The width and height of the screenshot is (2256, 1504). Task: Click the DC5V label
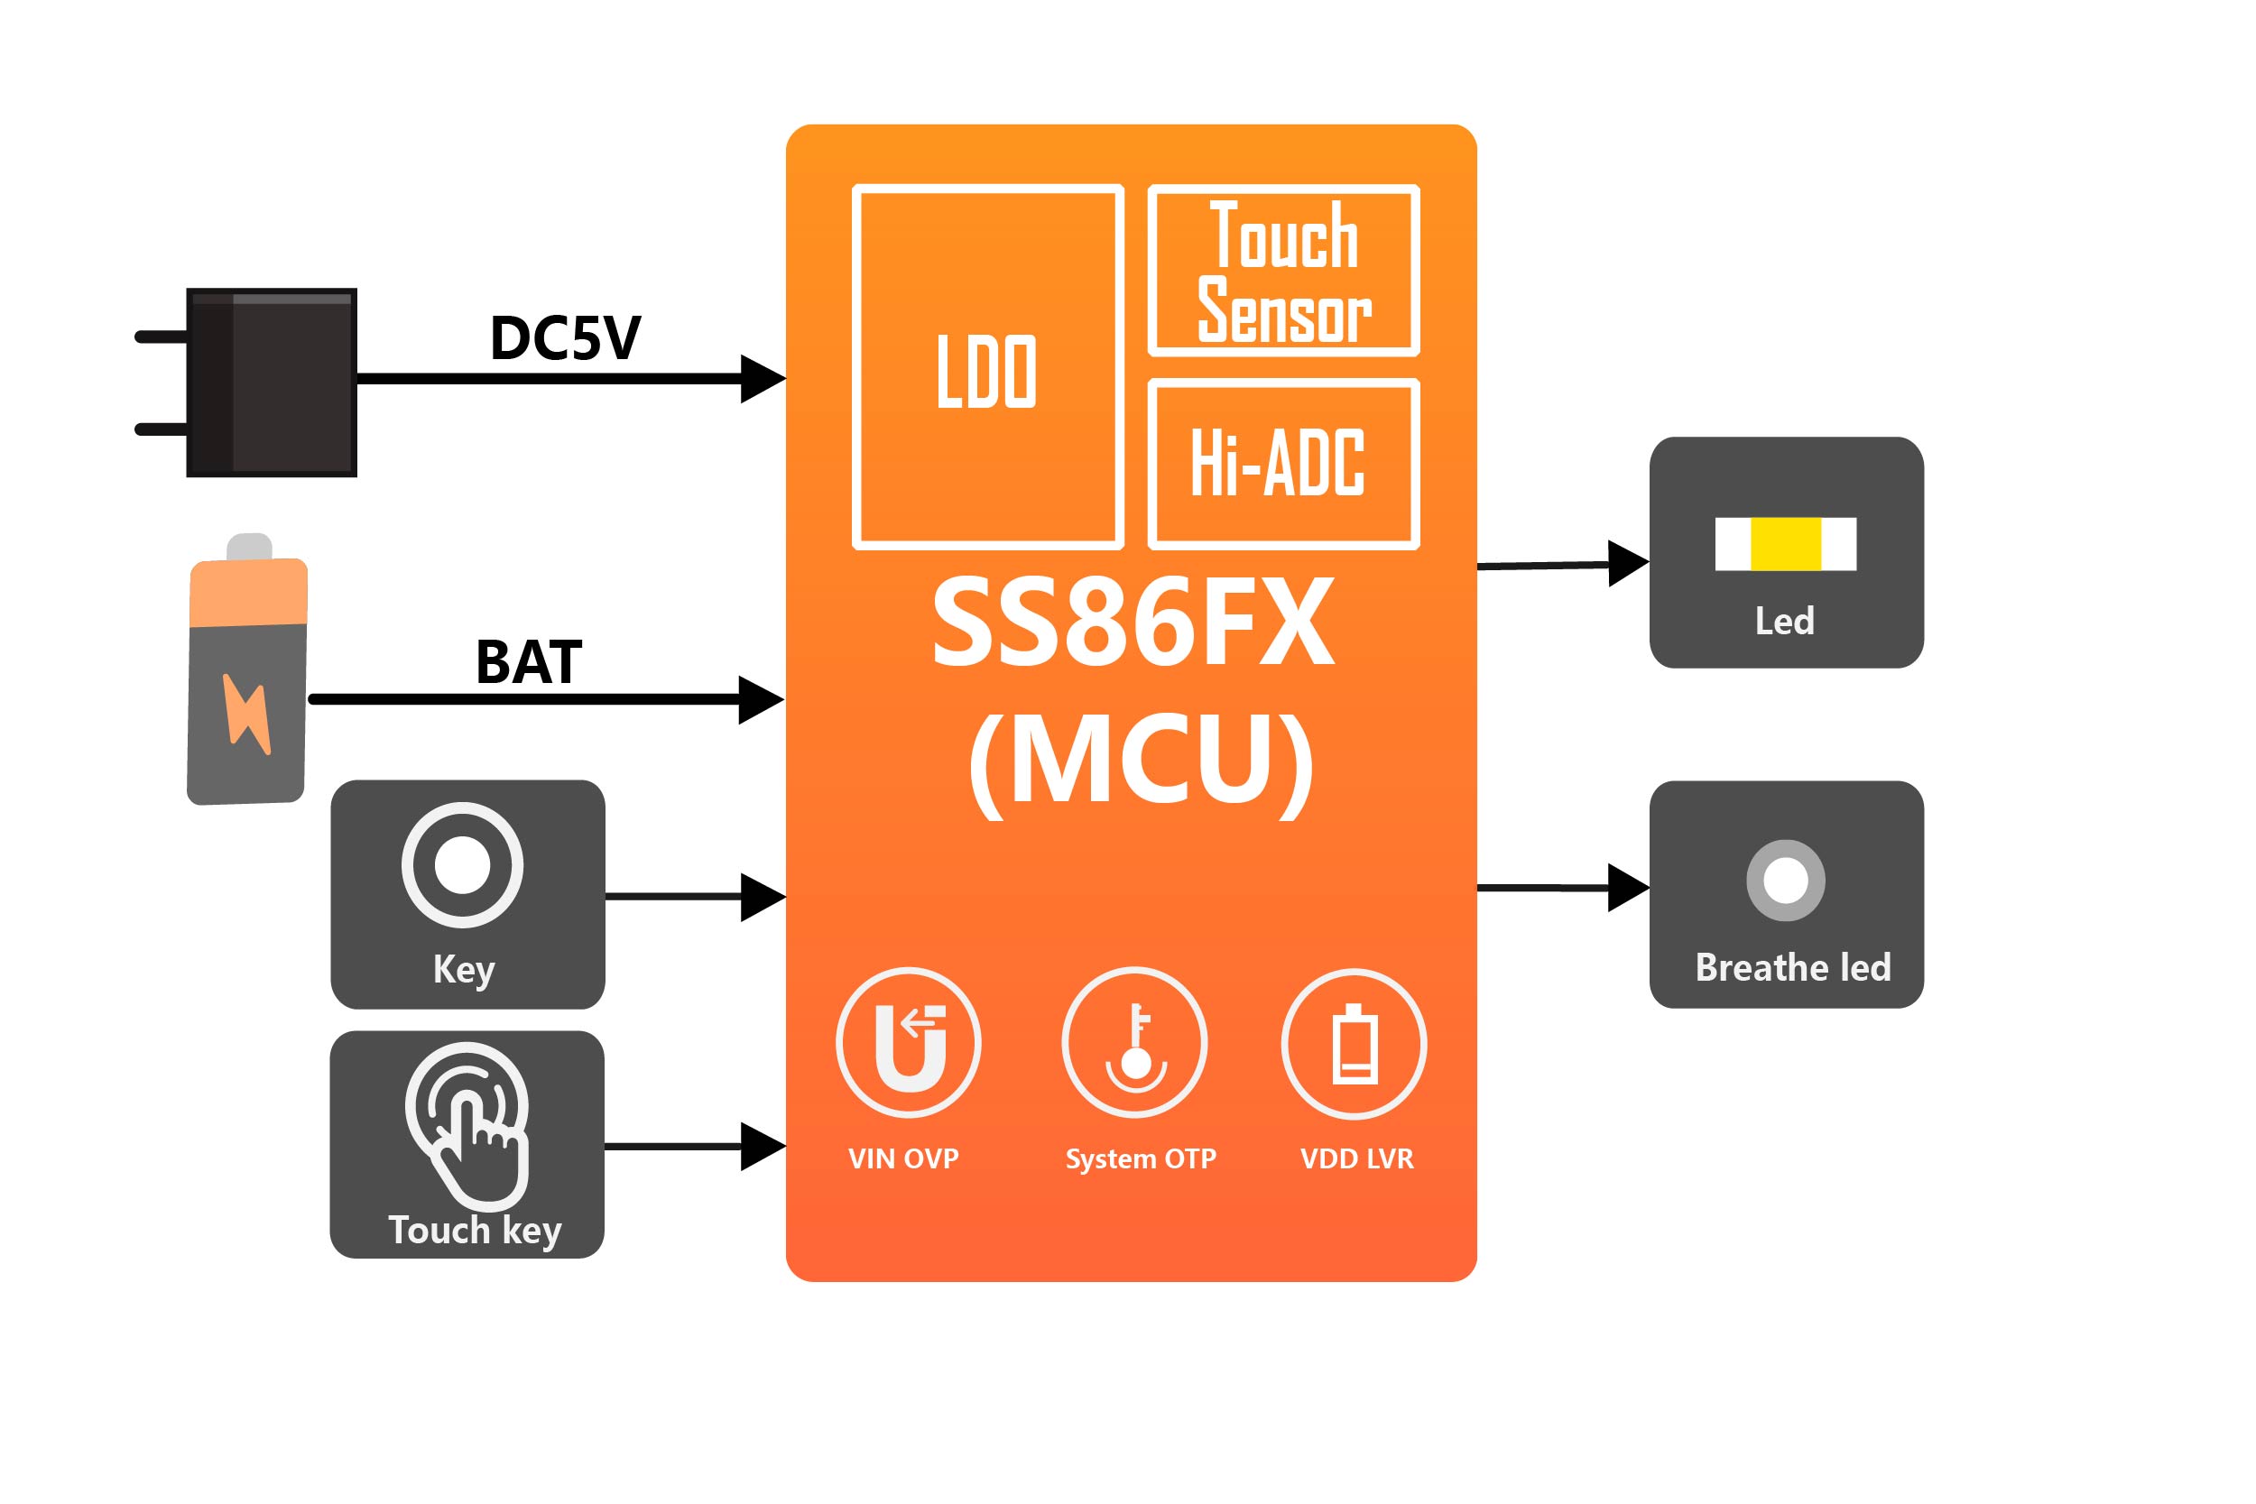565,337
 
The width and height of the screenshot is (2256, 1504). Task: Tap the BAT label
529,662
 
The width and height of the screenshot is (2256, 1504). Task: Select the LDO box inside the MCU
987,367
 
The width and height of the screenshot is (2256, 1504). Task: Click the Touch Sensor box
1283,271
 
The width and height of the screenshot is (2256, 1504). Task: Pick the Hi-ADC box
1283,465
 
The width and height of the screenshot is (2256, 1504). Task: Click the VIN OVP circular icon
909,1043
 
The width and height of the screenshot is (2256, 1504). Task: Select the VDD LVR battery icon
1355,1044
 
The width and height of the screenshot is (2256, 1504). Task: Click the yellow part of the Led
1785,544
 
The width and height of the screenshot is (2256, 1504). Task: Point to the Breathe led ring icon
1785,881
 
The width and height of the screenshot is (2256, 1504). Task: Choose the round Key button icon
462,865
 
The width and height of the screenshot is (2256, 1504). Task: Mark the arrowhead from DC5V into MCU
763,379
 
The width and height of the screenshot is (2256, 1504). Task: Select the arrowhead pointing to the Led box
1628,564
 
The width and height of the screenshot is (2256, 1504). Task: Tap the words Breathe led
1793,968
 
